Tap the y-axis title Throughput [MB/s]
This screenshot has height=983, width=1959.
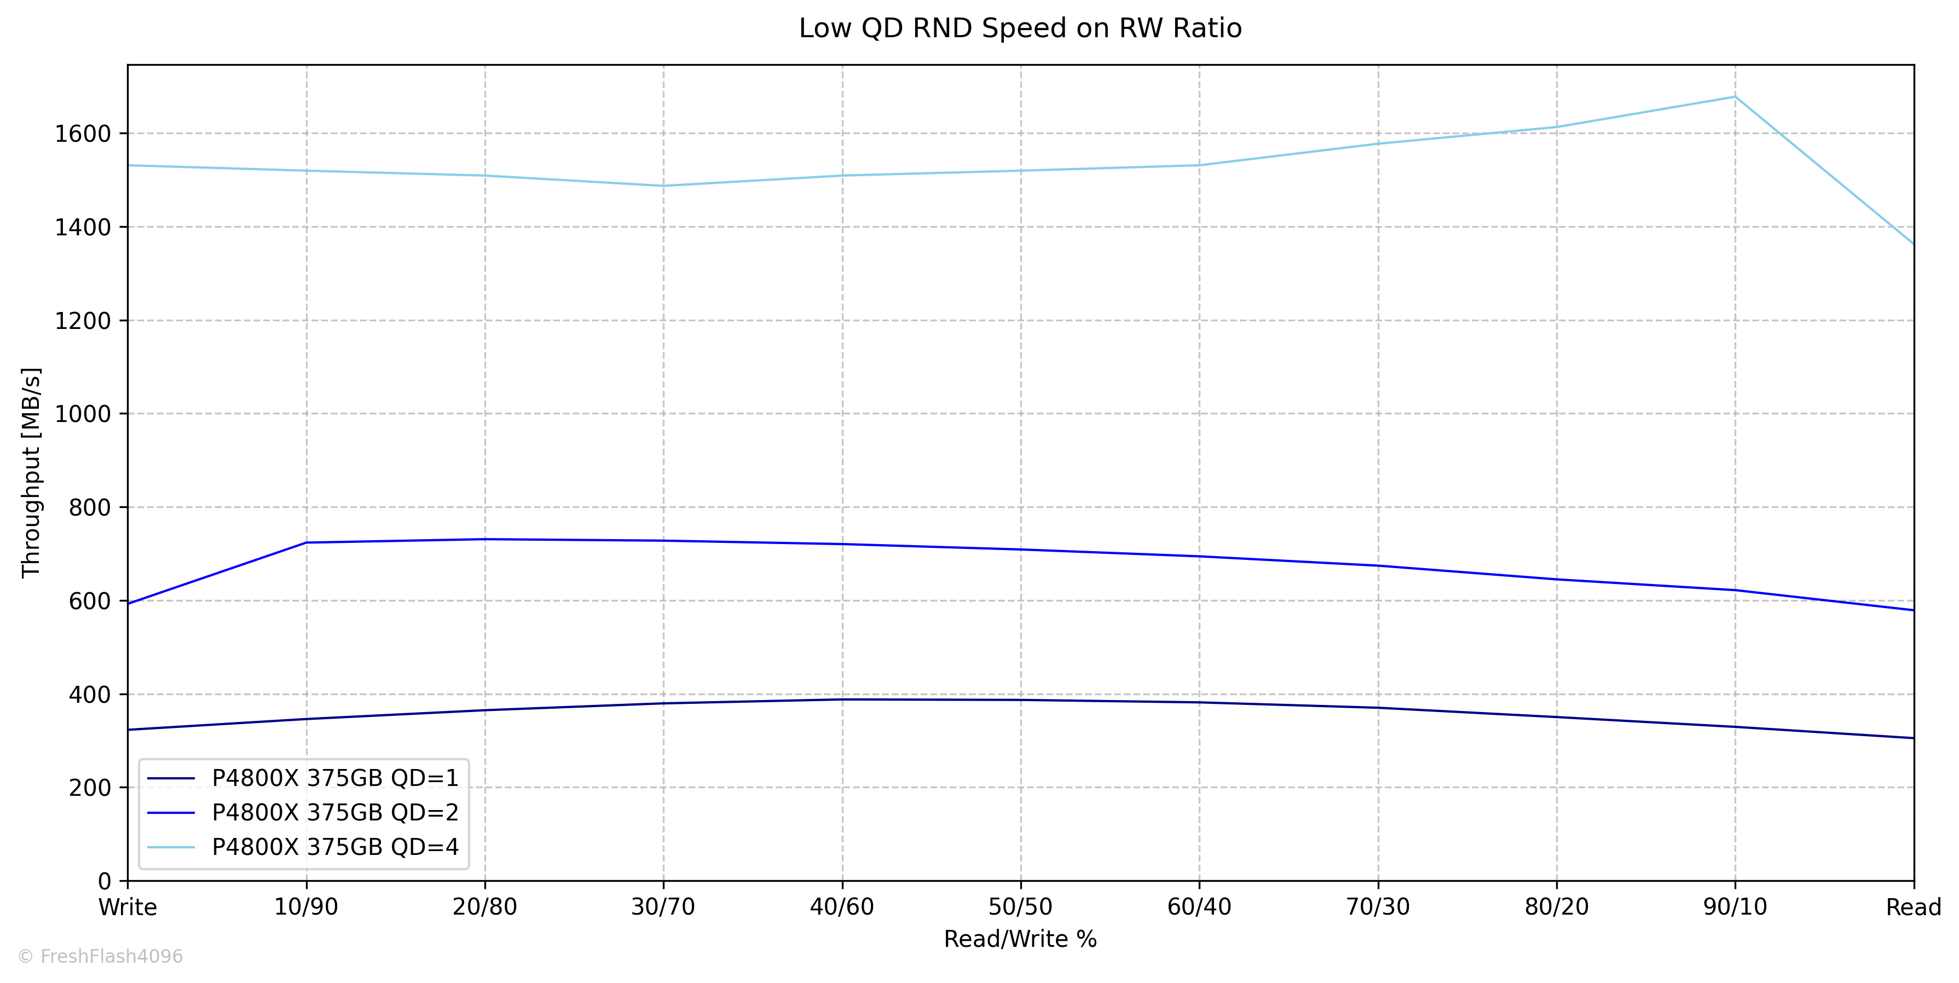coord(31,473)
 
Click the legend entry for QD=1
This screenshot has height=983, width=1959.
coord(334,778)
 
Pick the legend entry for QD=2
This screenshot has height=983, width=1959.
coord(334,813)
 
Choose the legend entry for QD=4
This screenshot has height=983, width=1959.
coord(334,847)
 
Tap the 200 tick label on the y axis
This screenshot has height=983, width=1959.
coord(90,788)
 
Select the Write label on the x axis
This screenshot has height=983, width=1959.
coord(128,907)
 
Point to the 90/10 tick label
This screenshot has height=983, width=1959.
coord(1735,907)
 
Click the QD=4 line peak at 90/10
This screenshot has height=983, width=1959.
coord(1735,96)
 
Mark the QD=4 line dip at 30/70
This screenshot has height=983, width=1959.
coord(663,186)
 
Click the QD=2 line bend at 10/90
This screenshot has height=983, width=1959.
coord(307,543)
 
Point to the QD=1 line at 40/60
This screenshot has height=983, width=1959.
coord(842,699)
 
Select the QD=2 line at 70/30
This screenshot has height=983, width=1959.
coord(1378,565)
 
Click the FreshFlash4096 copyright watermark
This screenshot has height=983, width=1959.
coord(100,956)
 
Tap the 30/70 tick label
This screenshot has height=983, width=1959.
coord(663,907)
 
